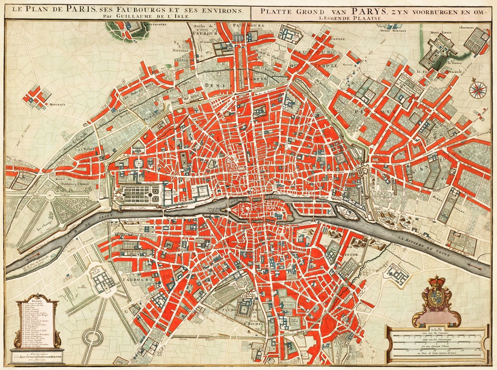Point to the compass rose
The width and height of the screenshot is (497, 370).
(x=478, y=89)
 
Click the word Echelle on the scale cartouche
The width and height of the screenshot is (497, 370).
(x=436, y=329)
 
